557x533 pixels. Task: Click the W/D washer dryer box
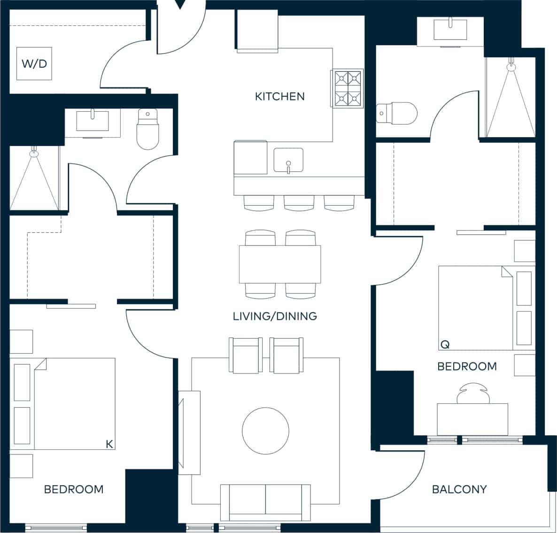pos(34,63)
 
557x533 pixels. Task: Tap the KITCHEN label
pos(279,97)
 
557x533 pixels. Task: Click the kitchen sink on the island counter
pos(288,160)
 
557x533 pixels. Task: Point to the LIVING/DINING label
pos(275,316)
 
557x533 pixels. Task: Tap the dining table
pos(280,264)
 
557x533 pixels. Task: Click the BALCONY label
pos(459,489)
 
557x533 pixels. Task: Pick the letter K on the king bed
pos(109,444)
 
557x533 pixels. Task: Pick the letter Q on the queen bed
pos(444,344)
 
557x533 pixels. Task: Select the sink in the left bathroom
pos(93,121)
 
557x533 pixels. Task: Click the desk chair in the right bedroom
pos(472,393)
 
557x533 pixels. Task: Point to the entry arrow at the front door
pos(181,5)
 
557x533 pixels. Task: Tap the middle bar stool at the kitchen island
pos(299,202)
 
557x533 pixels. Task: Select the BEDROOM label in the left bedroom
pos(74,489)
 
